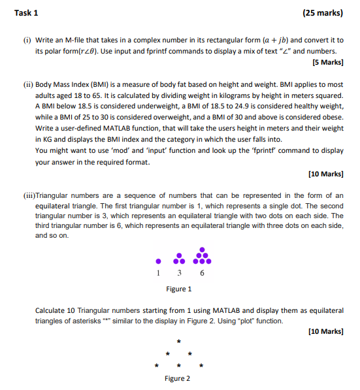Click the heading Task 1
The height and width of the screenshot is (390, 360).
25,12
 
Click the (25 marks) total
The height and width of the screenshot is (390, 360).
323,12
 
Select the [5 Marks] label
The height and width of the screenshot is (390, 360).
328,63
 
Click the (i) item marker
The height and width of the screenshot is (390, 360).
26,40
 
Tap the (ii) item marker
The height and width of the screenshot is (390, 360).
27,84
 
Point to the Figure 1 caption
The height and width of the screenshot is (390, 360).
178,288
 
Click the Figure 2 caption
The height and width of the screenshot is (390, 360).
178,378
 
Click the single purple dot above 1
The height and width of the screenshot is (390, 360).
157,261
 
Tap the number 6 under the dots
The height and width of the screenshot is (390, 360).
202,272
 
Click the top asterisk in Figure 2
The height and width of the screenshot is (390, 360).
178,341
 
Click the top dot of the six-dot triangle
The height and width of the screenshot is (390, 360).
203,250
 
